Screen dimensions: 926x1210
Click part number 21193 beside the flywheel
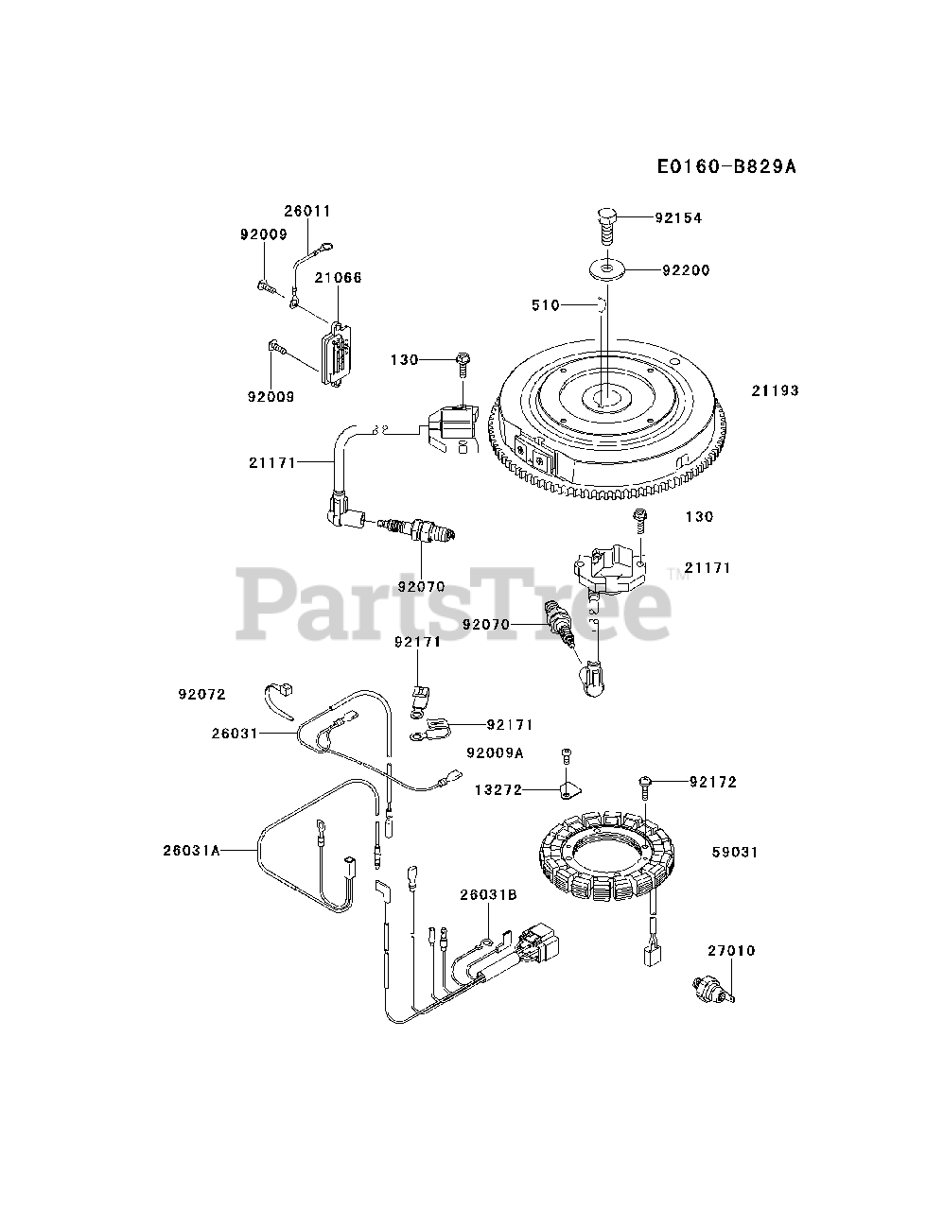(x=776, y=390)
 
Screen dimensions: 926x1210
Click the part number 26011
(x=307, y=211)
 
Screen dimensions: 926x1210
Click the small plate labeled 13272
(x=569, y=788)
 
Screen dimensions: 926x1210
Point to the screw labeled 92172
(x=644, y=782)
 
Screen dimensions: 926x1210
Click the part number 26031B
(x=488, y=895)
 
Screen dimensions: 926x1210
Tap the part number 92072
(x=201, y=694)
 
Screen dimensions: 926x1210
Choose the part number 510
(x=547, y=305)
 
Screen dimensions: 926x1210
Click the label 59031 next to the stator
(x=735, y=852)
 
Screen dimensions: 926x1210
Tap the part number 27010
(x=731, y=950)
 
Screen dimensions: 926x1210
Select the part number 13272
(x=498, y=789)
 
